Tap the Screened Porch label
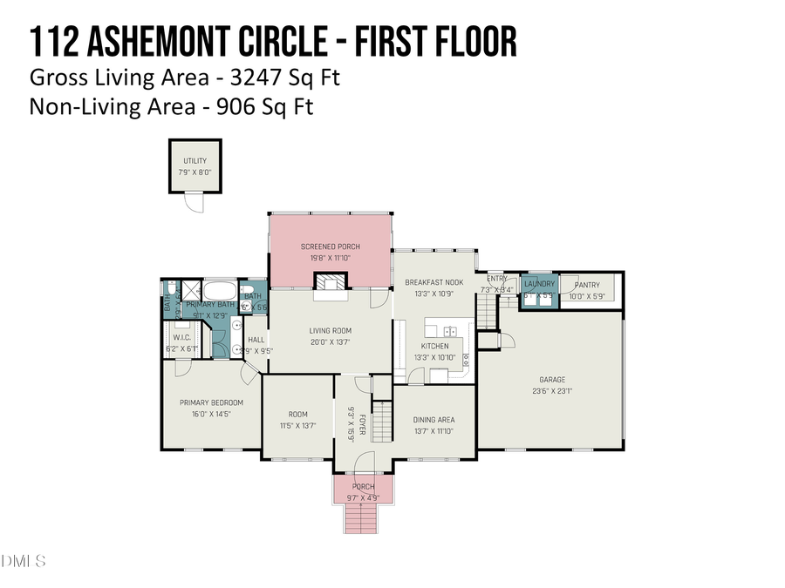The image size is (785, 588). pos(331,247)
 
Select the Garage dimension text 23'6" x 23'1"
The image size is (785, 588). pos(551,390)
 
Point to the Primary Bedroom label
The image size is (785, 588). pos(211,402)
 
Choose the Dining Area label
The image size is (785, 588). pos(433,419)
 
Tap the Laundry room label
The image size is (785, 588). pos(539,284)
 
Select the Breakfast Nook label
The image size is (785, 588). pos(433,282)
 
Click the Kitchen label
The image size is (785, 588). pos(435,346)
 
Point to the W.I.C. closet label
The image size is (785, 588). pos(182,337)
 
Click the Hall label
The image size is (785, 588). pos(256,341)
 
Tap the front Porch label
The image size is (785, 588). pos(363,486)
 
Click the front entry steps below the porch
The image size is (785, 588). pos(363,519)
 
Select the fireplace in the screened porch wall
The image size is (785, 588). pos(331,282)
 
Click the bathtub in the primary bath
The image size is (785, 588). pos(217,291)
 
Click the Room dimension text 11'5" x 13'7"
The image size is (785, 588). pos(297,425)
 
